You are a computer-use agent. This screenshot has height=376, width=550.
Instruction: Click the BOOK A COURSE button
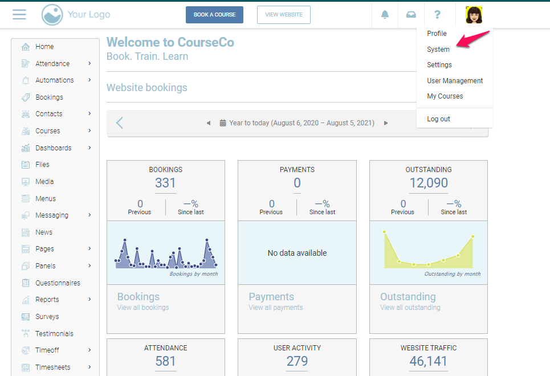[x=214, y=15]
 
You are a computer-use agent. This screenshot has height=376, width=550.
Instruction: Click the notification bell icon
[x=385, y=15]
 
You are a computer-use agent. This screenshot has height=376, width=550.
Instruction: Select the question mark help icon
[x=437, y=15]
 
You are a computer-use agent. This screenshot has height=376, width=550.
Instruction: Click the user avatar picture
[x=474, y=15]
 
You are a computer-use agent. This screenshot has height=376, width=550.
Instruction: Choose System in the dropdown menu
[x=438, y=50]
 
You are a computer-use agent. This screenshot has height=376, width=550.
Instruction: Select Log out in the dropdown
[x=438, y=119]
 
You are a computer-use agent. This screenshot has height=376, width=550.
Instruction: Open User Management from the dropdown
[x=455, y=81]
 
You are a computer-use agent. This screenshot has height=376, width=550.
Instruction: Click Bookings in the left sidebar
[x=49, y=97]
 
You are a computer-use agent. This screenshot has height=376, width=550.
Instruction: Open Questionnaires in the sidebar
[x=58, y=283]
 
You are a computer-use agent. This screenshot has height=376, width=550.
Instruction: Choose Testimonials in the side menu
[x=54, y=334]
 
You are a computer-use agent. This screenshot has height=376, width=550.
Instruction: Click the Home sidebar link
[x=44, y=47]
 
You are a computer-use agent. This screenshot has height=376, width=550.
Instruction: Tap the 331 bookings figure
[x=165, y=183]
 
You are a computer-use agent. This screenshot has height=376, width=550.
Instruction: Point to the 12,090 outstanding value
[x=429, y=183]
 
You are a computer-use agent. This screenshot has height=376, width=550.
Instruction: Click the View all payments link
[x=276, y=308]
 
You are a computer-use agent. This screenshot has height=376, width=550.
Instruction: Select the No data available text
[x=297, y=253]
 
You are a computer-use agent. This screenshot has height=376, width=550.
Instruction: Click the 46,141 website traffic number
[x=429, y=361]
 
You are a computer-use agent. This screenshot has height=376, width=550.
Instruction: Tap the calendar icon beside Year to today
[x=223, y=123]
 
